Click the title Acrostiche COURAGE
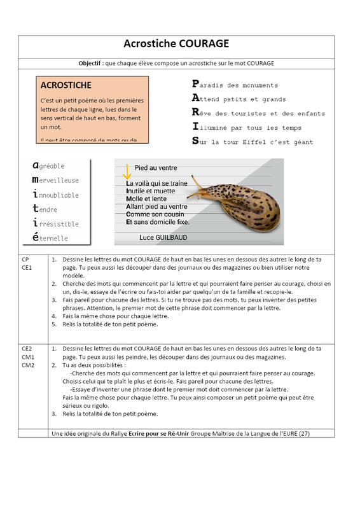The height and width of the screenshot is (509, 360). (x=176, y=43)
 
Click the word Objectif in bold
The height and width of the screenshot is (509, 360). (x=89, y=63)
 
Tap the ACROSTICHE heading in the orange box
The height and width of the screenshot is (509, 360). (x=66, y=85)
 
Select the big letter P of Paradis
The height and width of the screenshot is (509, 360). (x=195, y=84)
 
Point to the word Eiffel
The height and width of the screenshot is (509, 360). (x=254, y=142)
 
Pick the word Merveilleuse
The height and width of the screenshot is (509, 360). (x=55, y=180)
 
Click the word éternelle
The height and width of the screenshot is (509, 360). (x=50, y=237)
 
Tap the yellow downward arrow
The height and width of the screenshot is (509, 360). (x=127, y=172)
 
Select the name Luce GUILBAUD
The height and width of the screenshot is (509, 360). (x=163, y=237)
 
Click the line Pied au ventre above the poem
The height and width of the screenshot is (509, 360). (x=156, y=168)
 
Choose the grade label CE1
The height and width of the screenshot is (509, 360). (x=27, y=267)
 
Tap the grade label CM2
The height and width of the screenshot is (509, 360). (x=28, y=365)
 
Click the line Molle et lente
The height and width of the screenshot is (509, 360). (x=146, y=199)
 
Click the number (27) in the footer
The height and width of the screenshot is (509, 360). (x=304, y=433)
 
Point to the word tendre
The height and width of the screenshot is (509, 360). (x=45, y=209)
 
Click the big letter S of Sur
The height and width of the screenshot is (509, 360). (x=195, y=141)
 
